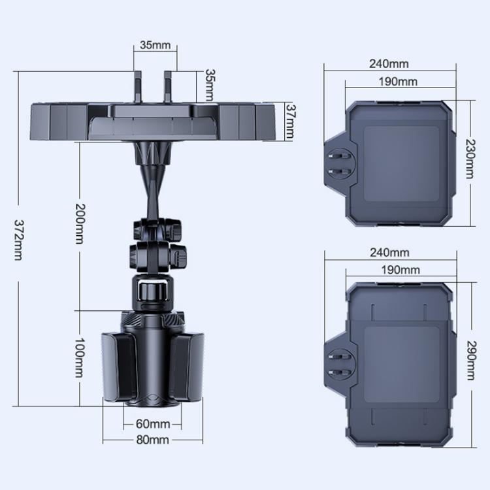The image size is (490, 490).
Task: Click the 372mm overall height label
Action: [18, 240]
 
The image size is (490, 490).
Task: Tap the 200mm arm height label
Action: [80, 223]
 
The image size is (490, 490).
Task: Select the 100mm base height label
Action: [80, 357]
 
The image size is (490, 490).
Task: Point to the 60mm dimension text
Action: [153, 424]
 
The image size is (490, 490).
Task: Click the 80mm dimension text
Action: [153, 440]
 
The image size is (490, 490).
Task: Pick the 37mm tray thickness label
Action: [290, 122]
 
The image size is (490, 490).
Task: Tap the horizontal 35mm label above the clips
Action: [155, 45]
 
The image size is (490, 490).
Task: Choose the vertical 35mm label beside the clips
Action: [210, 85]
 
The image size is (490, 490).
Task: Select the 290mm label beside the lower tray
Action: [471, 360]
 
